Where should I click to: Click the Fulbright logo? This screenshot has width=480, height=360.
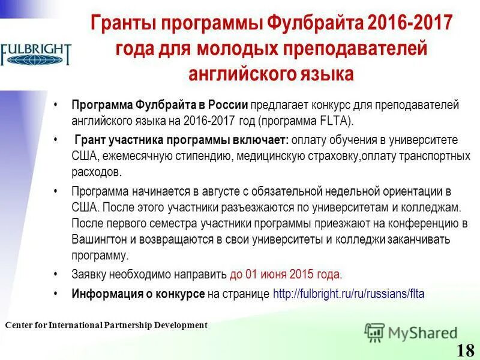click(x=36, y=53)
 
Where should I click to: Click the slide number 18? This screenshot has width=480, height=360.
click(x=465, y=350)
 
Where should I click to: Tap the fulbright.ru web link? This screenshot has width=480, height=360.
click(x=349, y=294)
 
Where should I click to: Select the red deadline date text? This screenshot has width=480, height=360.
click(x=286, y=275)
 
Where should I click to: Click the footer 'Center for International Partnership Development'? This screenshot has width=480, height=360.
click(x=106, y=325)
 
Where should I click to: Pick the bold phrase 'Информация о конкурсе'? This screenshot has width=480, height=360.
click(x=138, y=294)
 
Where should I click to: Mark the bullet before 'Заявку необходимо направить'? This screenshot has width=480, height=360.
click(x=56, y=275)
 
